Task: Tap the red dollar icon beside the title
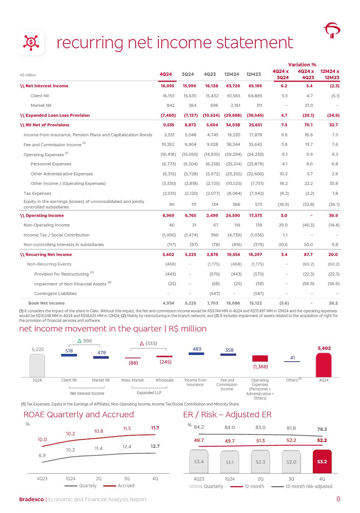[31, 43]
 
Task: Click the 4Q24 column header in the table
[165, 74]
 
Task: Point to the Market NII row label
[41, 105]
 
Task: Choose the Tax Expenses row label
[37, 193]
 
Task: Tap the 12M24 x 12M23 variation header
[330, 74]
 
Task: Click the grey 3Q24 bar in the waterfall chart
[37, 365]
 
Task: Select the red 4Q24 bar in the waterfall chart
[324, 365]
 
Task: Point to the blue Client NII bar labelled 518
[69, 355]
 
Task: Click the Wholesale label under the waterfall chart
[164, 380]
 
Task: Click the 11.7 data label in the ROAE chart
[155, 428]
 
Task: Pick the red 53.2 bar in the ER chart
[322, 461]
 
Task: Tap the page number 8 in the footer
[338, 499]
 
